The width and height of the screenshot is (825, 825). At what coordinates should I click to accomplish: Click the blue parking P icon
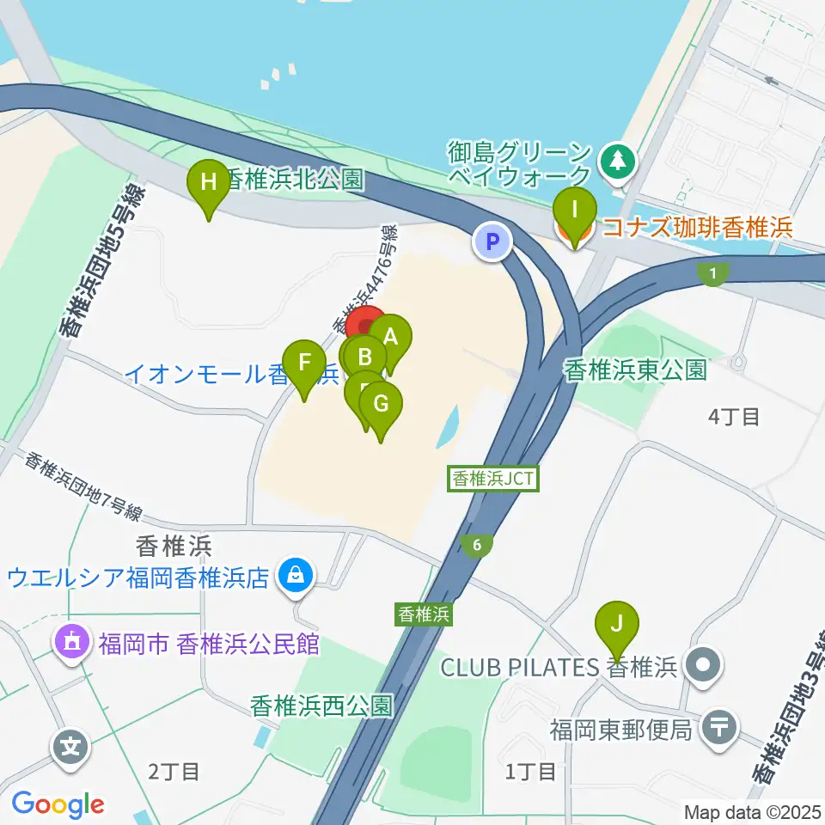coord(492,241)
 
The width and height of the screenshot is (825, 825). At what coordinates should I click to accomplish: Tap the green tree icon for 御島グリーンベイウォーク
coord(617,159)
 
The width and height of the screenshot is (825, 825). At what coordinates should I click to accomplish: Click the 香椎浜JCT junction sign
coord(494,480)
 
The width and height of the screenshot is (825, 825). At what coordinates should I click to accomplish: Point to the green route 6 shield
coord(475,544)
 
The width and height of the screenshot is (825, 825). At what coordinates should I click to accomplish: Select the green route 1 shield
coord(712,273)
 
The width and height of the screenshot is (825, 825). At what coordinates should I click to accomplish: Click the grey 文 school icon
coord(72,745)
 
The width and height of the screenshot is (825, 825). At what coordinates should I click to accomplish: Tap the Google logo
coord(58,804)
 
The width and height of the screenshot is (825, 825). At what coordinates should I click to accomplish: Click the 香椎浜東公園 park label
coord(635,370)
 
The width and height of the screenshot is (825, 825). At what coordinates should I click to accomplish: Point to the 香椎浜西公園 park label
coord(321,706)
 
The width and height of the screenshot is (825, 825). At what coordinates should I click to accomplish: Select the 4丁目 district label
coord(733,417)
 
